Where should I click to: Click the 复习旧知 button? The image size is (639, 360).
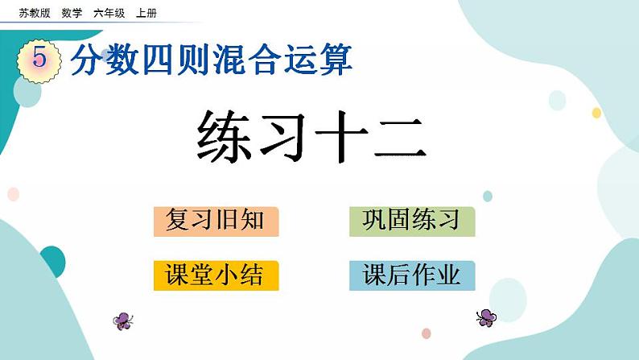(x=216, y=221)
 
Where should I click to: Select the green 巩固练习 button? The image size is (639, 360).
(x=411, y=221)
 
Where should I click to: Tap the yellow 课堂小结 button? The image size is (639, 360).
(x=216, y=275)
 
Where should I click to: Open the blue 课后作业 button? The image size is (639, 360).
(x=411, y=275)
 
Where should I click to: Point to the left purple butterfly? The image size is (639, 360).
(x=123, y=321)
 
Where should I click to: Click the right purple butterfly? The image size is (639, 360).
(x=486, y=317)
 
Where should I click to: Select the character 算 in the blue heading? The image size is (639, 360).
(x=336, y=60)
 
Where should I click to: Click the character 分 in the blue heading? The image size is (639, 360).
(x=87, y=60)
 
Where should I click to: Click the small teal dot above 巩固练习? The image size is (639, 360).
(x=488, y=196)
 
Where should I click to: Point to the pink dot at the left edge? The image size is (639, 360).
(x=12, y=194)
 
